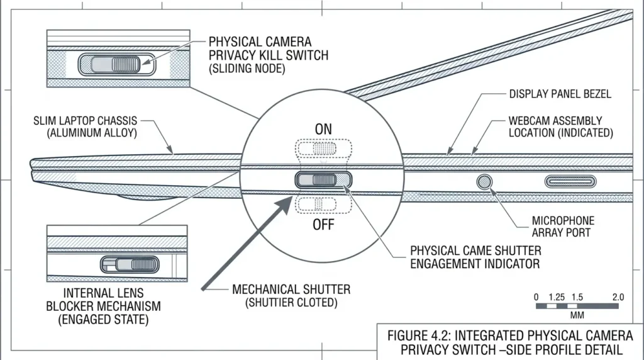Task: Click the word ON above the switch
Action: [x=323, y=130]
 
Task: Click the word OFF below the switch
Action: [x=323, y=225]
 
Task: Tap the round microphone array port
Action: [x=484, y=181]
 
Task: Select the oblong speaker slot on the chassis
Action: [x=570, y=181]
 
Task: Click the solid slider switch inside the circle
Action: [x=323, y=179]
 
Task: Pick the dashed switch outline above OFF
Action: [x=323, y=205]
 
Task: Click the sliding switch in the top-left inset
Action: [x=116, y=65]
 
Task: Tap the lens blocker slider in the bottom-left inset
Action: [x=130, y=265]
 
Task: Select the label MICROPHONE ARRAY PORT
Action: [x=563, y=227]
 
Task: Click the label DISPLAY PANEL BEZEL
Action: [x=560, y=94]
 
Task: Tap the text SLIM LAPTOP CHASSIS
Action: [x=85, y=121]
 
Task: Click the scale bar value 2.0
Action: [x=618, y=296]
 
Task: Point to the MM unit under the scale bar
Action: [x=577, y=315]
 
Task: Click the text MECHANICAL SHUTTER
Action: [x=291, y=290]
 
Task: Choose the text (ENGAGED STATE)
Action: [x=103, y=319]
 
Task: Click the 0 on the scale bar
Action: [x=536, y=296]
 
